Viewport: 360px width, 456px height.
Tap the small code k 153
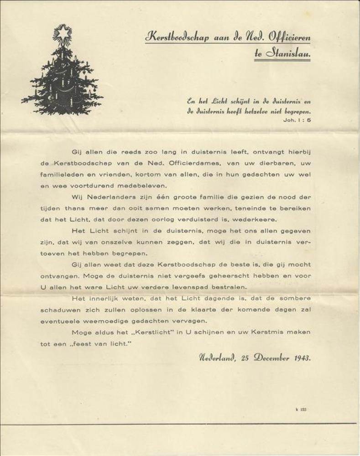click(x=301, y=409)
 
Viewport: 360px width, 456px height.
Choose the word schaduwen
click(x=61, y=309)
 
